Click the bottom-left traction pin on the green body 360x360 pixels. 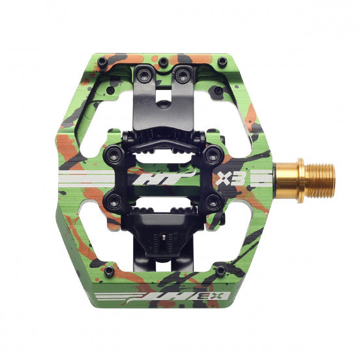click(x=110, y=269)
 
